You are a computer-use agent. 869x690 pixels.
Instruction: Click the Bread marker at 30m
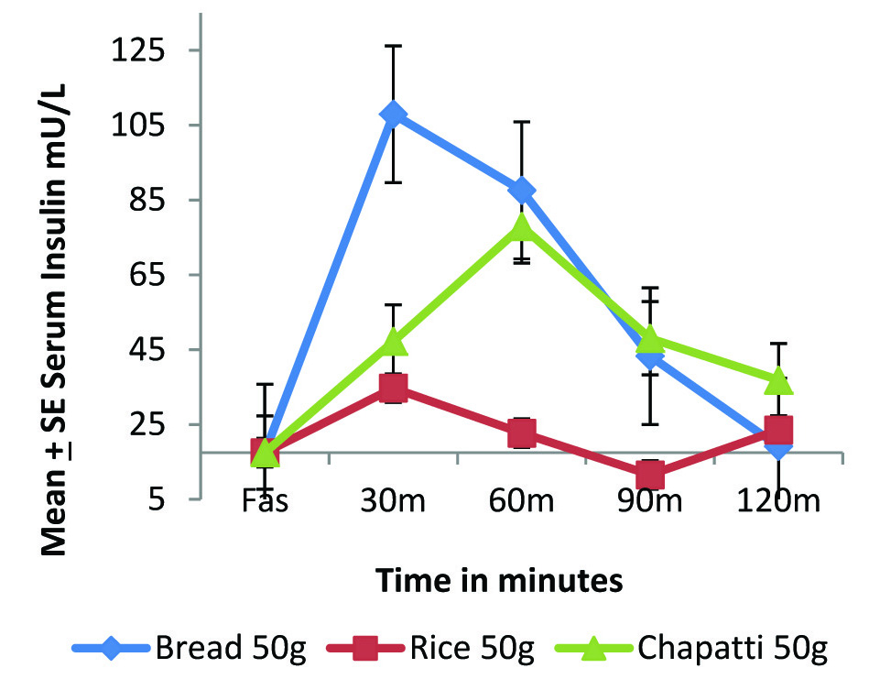(x=394, y=115)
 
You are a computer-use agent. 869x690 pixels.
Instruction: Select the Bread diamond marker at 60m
(x=522, y=191)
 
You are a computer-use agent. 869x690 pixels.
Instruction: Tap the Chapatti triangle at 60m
(x=522, y=225)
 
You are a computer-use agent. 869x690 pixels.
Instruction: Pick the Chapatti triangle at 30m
(x=394, y=342)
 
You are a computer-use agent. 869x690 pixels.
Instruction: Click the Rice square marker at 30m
(x=394, y=388)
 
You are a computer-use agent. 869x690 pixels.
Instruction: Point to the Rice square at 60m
(x=522, y=433)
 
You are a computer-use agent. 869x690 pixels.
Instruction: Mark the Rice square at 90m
(x=650, y=475)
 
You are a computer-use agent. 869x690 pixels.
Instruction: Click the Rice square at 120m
(x=778, y=430)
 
